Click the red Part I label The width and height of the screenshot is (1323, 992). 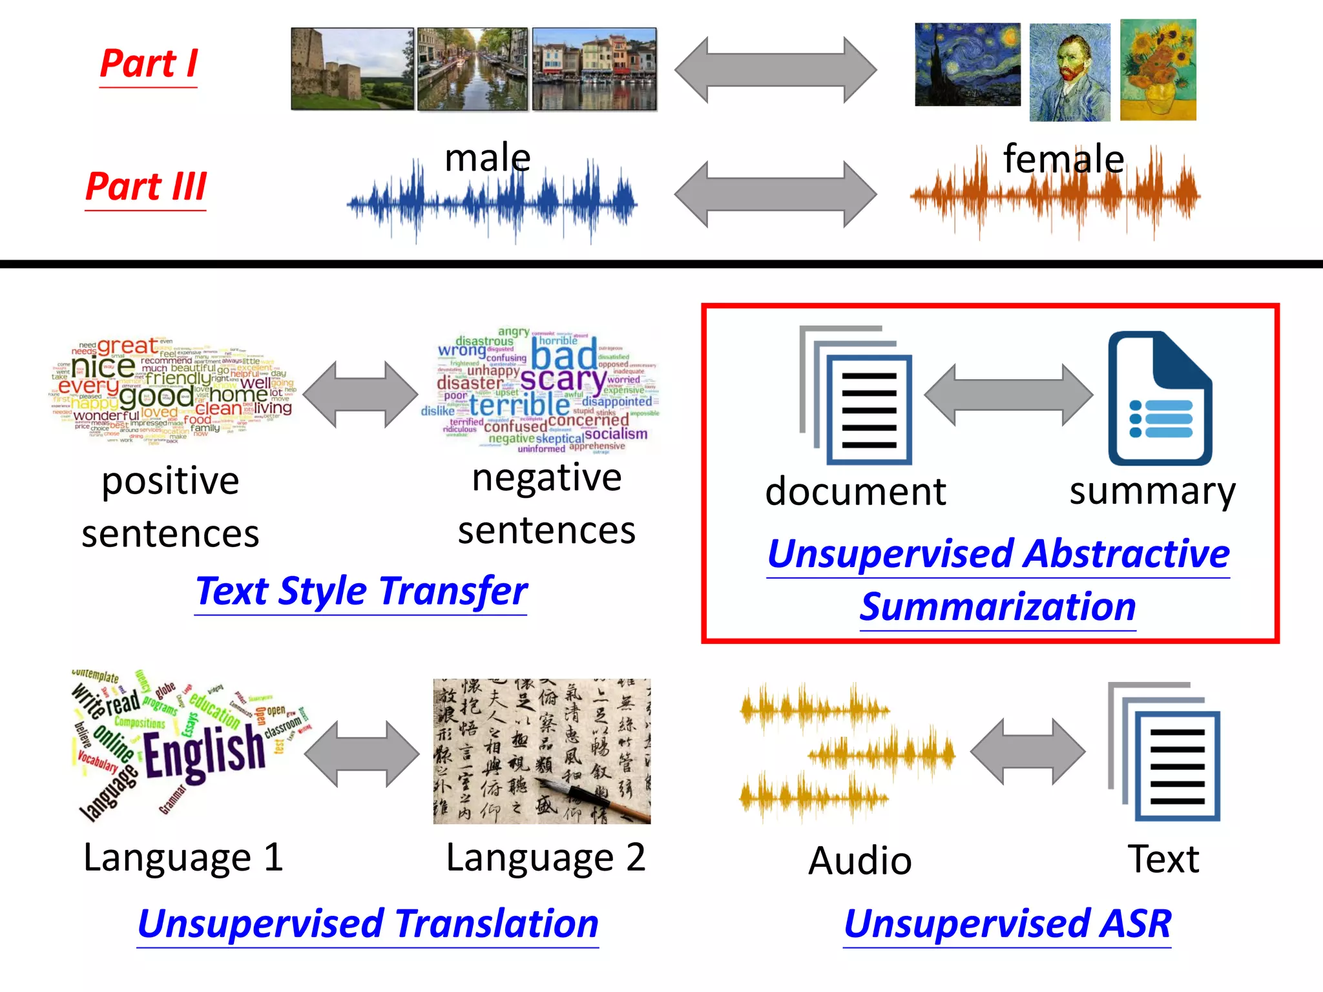tap(149, 65)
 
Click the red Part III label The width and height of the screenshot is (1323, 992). tap(146, 187)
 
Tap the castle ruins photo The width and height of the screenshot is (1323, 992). tap(352, 68)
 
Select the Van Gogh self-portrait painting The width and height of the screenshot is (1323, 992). tap(1070, 72)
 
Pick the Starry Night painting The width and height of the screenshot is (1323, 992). tap(968, 65)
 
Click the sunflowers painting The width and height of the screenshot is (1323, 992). tap(1158, 70)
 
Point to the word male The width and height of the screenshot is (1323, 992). tap(488, 158)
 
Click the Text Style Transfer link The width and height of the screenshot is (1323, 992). tap(361, 591)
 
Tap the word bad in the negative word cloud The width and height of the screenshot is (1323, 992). tap(564, 356)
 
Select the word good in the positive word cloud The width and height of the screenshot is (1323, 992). tap(156, 395)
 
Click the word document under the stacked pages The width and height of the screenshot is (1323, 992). tap(855, 492)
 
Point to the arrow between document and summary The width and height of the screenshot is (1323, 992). tap(1008, 395)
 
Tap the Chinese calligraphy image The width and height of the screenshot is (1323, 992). tap(541, 751)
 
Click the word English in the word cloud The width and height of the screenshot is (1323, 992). tap(203, 752)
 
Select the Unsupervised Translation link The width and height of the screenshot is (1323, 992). tap(368, 924)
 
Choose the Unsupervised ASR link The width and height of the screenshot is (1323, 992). tap(1007, 924)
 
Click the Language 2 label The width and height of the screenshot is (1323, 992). tap(545, 858)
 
